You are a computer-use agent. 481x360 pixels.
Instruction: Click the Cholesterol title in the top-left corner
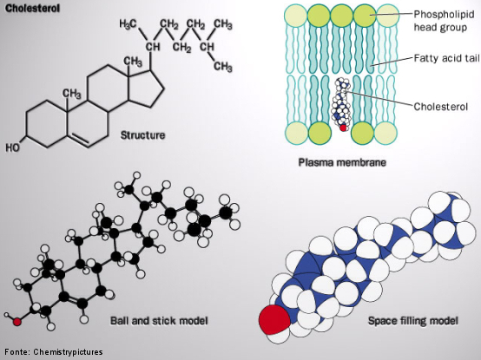[x=32, y=9]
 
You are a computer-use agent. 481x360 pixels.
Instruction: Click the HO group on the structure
[x=12, y=147]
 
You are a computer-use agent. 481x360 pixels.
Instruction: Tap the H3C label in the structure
[x=128, y=23]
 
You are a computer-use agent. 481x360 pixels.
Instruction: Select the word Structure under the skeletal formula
[x=142, y=135]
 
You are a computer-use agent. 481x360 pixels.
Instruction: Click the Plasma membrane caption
[x=342, y=161]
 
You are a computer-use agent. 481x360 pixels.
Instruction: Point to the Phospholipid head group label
[x=444, y=21]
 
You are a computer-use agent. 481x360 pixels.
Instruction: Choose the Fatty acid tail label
[x=446, y=58]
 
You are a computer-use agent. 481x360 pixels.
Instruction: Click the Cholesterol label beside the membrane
[x=440, y=107]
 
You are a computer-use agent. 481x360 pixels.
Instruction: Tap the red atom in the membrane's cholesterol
[x=343, y=128]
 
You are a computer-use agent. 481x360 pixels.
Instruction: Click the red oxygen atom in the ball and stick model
[x=17, y=322]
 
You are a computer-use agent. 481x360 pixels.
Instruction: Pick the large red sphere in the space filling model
[x=274, y=320]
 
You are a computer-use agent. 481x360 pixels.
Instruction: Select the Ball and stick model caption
[x=159, y=321]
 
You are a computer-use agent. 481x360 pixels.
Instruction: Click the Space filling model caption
[x=413, y=321]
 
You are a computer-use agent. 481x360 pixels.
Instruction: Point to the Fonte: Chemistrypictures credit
[x=54, y=351]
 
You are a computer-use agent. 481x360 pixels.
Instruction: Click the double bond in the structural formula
[x=79, y=140]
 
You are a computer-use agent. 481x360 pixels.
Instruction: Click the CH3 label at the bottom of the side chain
[x=223, y=66]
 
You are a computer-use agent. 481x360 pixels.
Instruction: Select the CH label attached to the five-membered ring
[x=153, y=47]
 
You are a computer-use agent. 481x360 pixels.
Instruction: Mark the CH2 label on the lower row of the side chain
[x=182, y=48]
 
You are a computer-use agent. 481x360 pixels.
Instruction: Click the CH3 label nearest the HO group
[x=72, y=94]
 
